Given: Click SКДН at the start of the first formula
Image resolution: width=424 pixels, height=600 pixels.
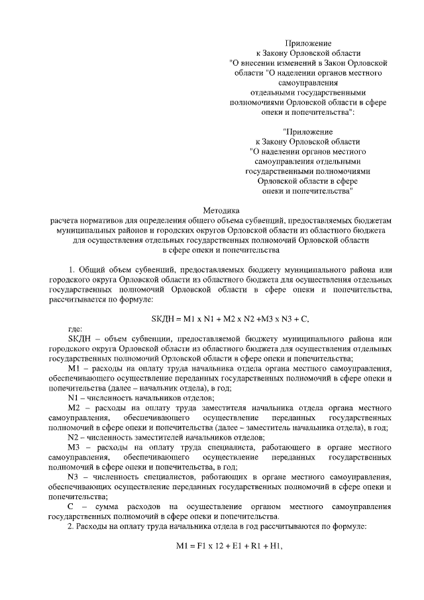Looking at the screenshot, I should pyautogui.click(x=164, y=319).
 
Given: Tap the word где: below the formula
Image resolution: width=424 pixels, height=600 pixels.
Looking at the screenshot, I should pyautogui.click(x=76, y=330).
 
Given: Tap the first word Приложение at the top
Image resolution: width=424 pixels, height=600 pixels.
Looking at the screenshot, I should pyautogui.click(x=308, y=42).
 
